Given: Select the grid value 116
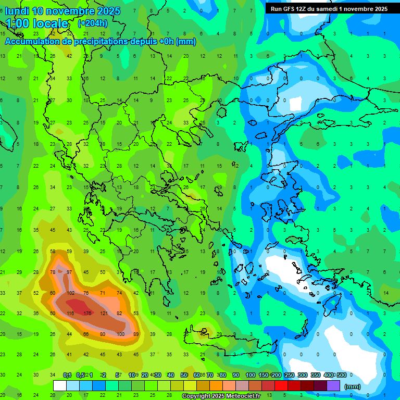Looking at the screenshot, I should (70, 313).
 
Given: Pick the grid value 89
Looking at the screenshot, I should (136, 334).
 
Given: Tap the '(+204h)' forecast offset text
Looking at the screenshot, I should (93, 23).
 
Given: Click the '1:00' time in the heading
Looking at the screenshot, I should (19, 23).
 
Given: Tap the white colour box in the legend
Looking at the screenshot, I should (60, 385).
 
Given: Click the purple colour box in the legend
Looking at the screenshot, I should (333, 385).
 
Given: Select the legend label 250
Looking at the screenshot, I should (290, 375).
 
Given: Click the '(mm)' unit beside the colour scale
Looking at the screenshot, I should (353, 386).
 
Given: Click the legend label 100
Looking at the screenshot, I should (250, 375).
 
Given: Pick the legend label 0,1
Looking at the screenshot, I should (67, 375).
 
